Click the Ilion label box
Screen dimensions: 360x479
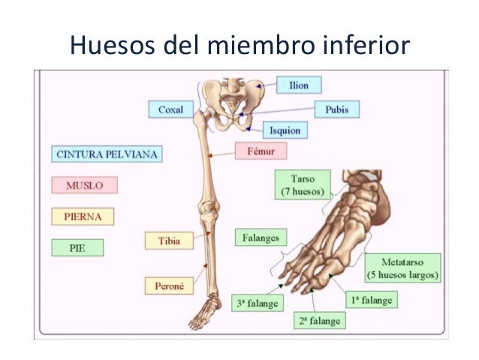299,85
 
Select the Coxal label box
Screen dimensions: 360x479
170,110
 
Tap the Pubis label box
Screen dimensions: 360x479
336,109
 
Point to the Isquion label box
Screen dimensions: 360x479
285,131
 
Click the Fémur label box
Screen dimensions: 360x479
261,151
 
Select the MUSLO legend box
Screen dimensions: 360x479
84,185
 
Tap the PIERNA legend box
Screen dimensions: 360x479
84,216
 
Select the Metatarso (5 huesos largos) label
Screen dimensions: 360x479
405,269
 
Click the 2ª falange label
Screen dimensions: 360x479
318,321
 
